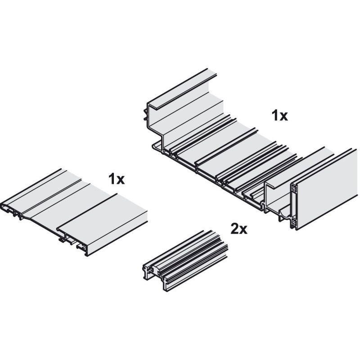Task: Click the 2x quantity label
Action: click(239, 229)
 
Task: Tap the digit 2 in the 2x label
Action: click(234, 229)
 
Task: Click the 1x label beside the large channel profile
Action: click(279, 116)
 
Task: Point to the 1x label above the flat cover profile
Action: click(117, 179)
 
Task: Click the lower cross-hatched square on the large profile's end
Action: click(293, 223)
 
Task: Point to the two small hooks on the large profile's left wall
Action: click(145, 114)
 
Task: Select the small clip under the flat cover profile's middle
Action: click(62, 240)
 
